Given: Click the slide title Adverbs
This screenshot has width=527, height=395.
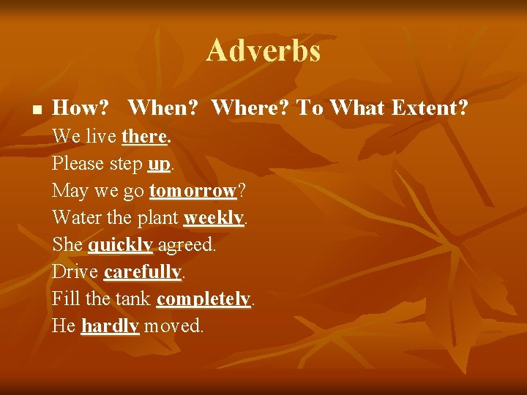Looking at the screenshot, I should coord(263,51).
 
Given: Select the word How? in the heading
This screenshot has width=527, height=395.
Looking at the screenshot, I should coord(81,108).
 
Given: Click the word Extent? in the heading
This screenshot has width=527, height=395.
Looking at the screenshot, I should coord(430,108).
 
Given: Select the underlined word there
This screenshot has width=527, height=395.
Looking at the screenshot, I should coord(145,136).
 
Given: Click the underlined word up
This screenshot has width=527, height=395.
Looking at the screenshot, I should coord(158,164).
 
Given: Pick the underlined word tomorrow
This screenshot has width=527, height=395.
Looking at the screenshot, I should coord(193,191).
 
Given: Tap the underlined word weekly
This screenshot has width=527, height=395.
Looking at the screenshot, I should coord(214,218).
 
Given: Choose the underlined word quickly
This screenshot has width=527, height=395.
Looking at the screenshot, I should coord(120,245).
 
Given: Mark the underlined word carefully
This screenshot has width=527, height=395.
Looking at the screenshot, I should coord(142,272).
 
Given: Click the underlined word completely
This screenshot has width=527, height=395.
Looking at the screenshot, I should coord(203,299).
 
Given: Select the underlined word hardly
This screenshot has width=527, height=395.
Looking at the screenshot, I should coord(110,326).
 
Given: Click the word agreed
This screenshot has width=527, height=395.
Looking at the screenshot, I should coord(186,245).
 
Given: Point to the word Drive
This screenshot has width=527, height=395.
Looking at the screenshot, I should coord(75,272).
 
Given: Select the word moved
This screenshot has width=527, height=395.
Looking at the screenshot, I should coord(173,326).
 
